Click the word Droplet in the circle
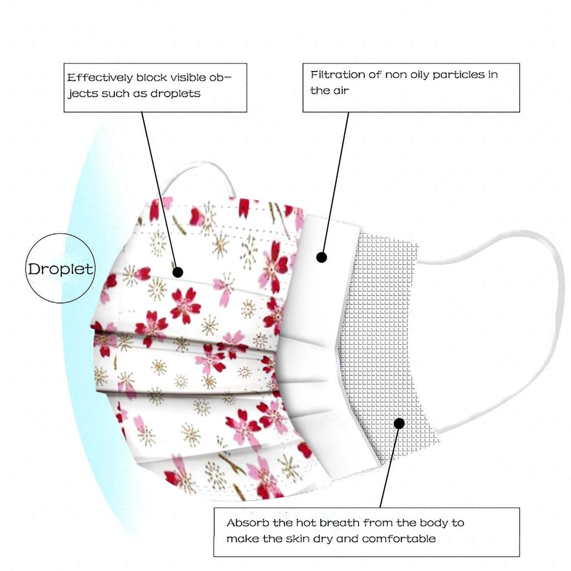pyautogui.click(x=60, y=269)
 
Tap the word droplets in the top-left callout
pyautogui.click(x=176, y=94)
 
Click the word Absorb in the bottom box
pyautogui.click(x=248, y=523)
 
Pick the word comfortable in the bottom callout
pyautogui.click(x=399, y=539)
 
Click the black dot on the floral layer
pyautogui.click(x=178, y=272)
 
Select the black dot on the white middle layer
pyautogui.click(x=322, y=258)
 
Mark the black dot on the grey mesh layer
pyautogui.click(x=399, y=423)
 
